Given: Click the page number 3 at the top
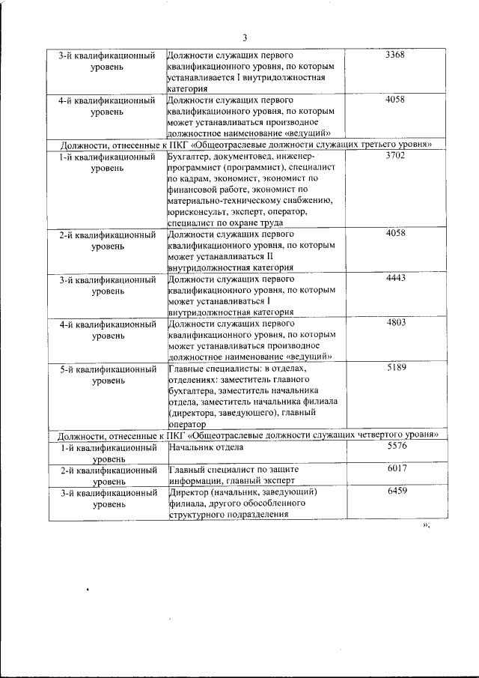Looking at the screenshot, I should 244,39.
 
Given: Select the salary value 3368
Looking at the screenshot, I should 394,55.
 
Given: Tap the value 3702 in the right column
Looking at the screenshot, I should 394,155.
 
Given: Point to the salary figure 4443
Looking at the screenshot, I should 394,279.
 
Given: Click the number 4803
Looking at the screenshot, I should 394,322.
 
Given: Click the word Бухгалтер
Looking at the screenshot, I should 191,156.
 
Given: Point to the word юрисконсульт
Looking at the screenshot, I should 194,212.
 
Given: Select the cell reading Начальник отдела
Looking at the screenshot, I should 207,447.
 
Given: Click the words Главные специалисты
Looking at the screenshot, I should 217,368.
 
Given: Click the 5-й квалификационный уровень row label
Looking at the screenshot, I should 108,374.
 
